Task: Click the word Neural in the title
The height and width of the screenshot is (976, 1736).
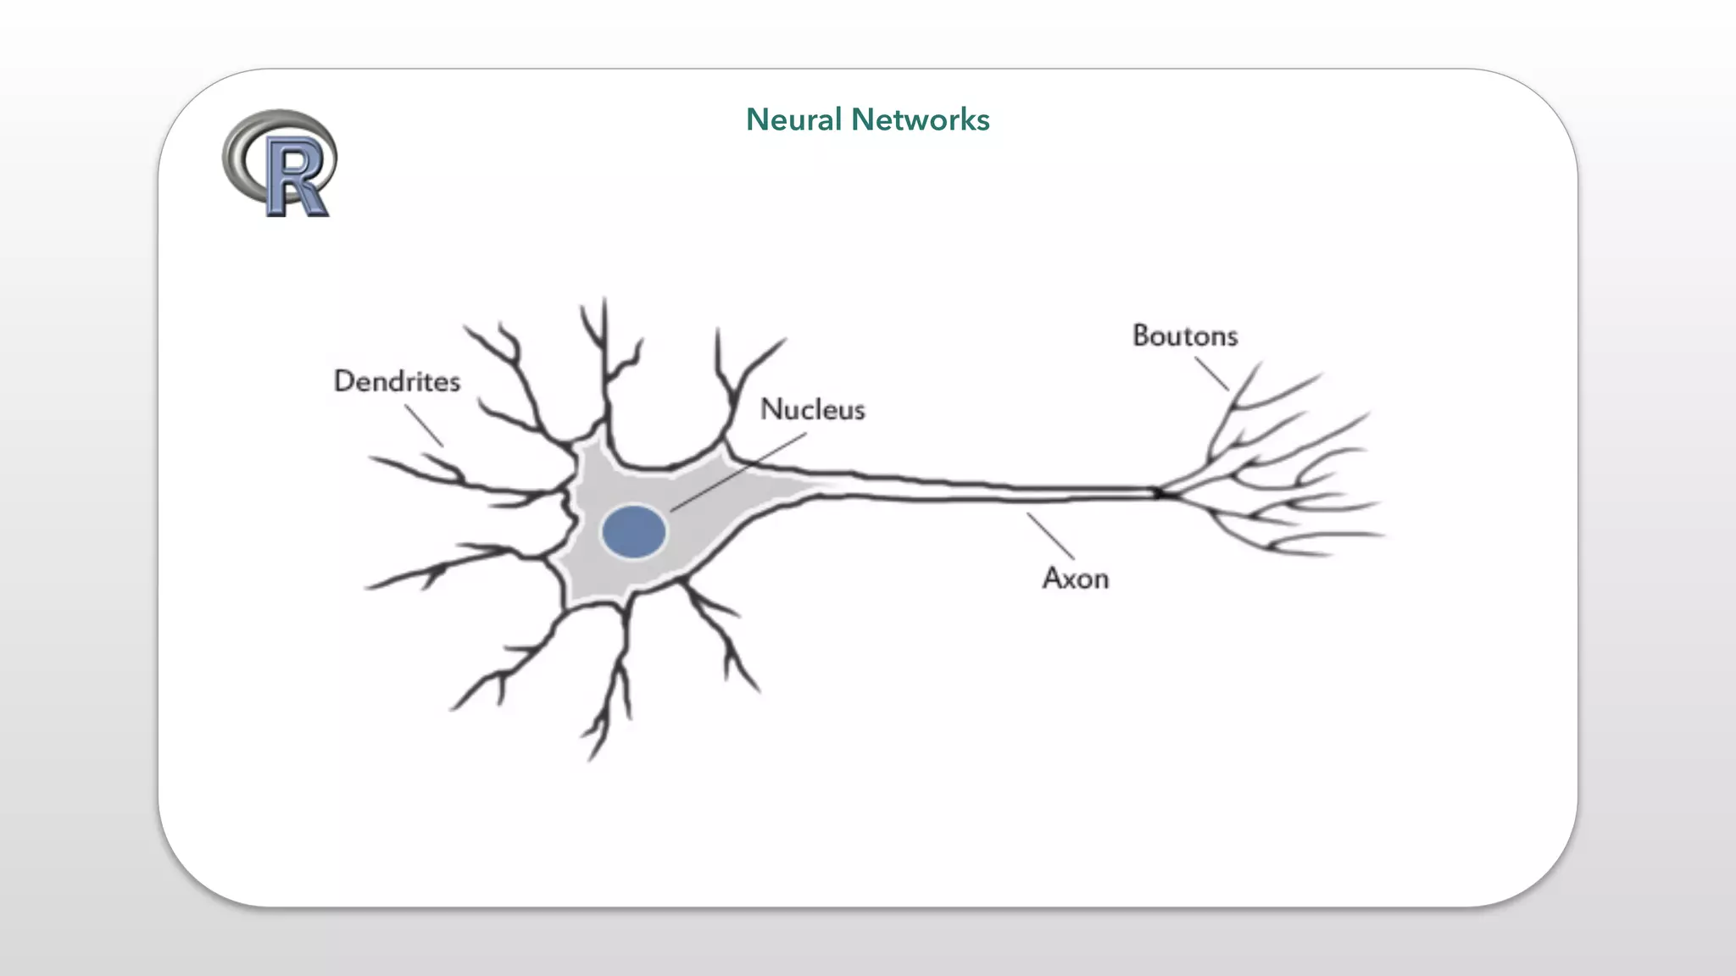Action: [793, 119]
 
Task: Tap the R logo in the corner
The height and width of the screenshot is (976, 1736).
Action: [280, 163]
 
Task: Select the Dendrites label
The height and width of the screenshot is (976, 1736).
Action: [397, 381]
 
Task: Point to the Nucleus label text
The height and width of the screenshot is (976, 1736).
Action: [812, 409]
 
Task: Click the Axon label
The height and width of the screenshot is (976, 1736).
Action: [1075, 579]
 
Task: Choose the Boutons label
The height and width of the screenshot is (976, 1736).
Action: [1185, 335]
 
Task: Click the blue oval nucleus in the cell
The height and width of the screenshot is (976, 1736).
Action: [633, 532]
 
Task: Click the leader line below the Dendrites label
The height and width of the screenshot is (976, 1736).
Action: [424, 425]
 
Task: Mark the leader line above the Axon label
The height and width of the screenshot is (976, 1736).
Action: [1051, 536]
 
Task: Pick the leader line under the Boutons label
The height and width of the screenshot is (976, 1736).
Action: [1212, 374]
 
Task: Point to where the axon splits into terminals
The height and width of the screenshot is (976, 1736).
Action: [1163, 493]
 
